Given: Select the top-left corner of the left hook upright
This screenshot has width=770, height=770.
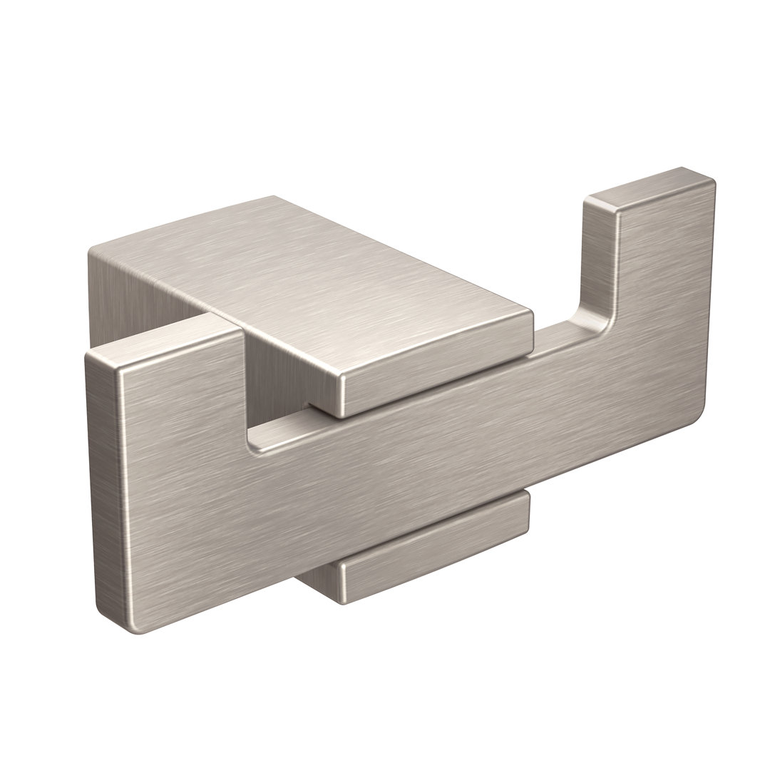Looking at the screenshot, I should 89,354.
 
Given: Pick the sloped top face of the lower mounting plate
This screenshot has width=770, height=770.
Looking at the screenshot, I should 435,528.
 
